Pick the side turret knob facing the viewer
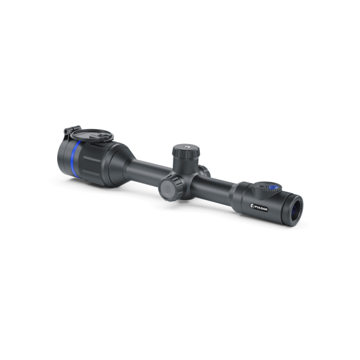pos(168,190)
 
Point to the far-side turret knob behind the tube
pos(205,171)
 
